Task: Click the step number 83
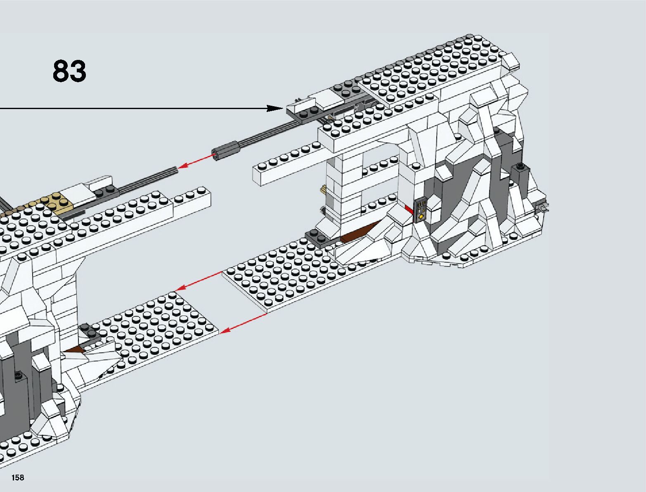tap(69, 71)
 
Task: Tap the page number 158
tap(18, 478)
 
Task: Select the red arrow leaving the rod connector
tap(196, 161)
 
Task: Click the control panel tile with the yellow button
tap(421, 210)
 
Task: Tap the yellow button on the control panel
tap(421, 216)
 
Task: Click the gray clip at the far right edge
tap(544, 207)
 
